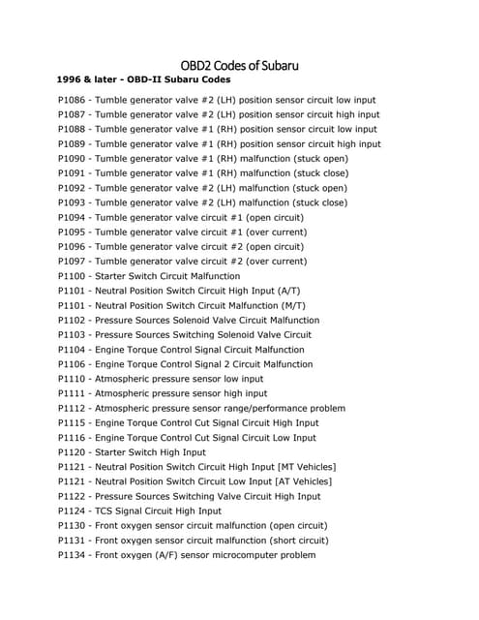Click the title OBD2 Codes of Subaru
(239, 66)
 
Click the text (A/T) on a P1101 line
(287, 291)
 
